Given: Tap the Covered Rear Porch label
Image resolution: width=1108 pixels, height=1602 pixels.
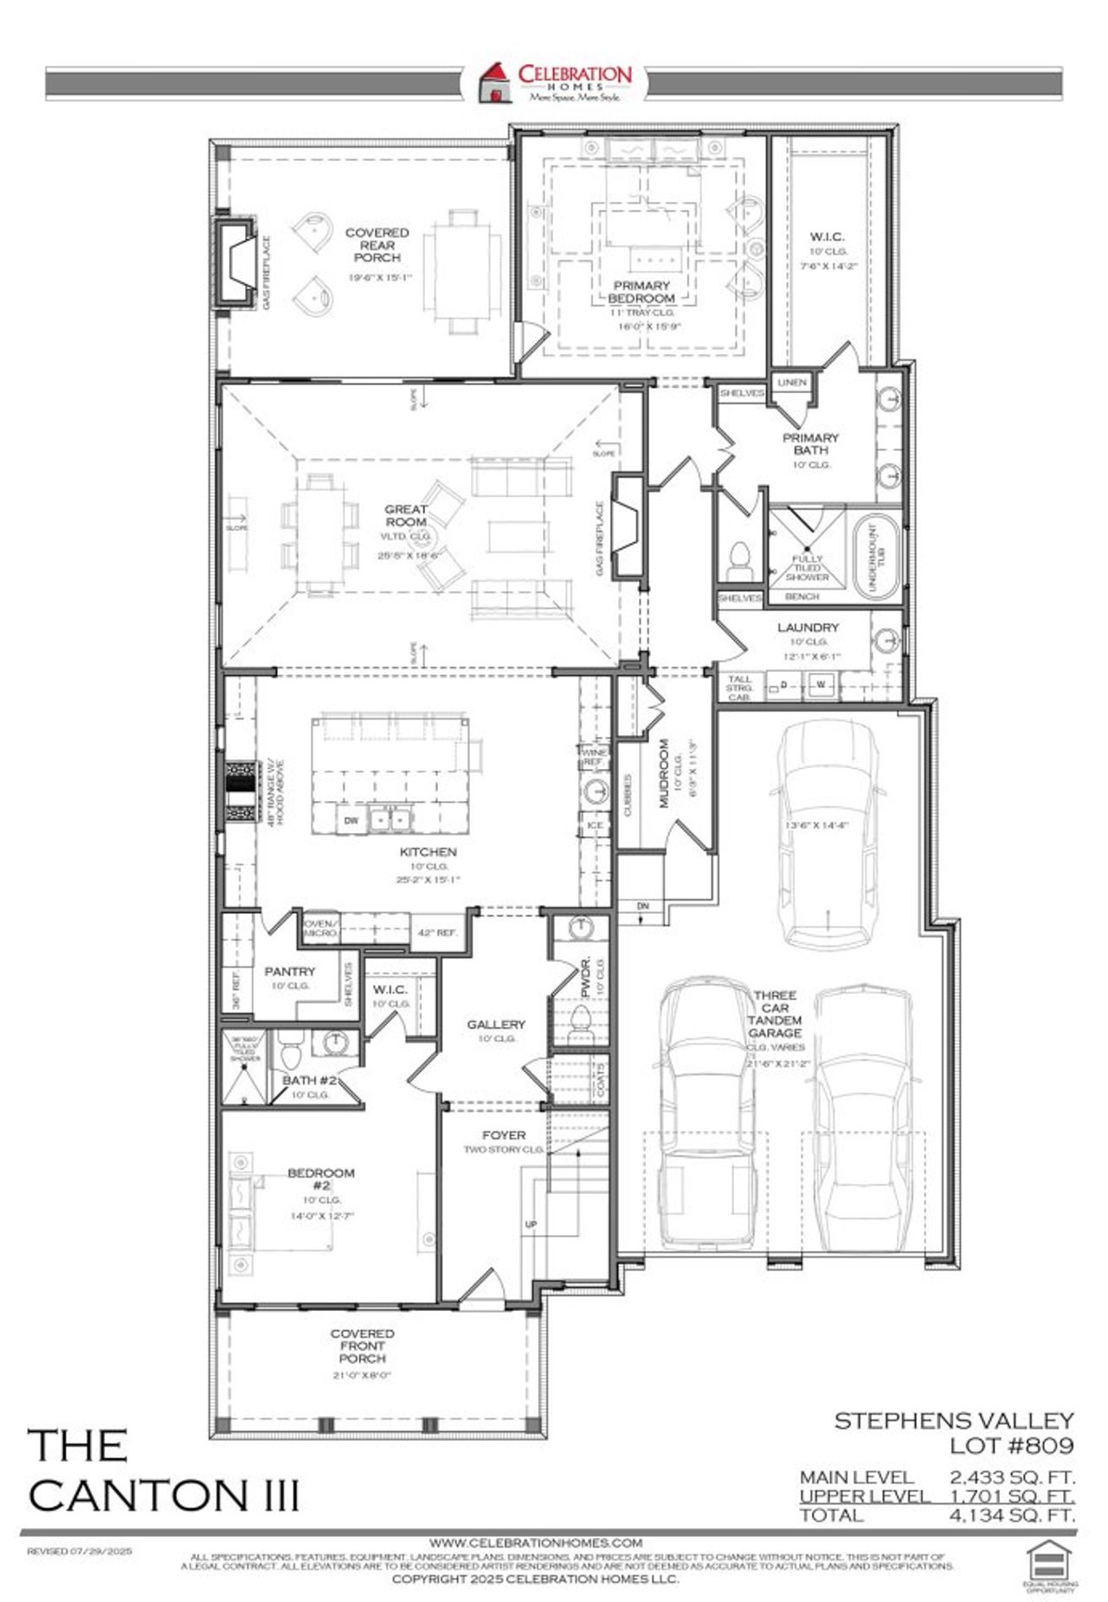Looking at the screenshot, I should point(377,245).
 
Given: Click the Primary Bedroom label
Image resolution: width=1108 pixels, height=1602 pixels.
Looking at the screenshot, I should point(641,292).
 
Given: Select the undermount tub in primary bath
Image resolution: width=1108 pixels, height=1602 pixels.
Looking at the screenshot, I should point(877,554).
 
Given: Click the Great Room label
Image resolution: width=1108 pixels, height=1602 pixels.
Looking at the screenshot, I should point(406,516).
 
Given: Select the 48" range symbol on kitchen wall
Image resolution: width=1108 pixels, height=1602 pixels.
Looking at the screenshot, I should point(241,789).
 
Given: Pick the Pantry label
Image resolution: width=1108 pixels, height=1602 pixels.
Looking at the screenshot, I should point(289,972).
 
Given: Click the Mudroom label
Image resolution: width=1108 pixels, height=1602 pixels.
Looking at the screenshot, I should point(665,773).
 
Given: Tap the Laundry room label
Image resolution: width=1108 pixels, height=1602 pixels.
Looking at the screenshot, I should point(807,627).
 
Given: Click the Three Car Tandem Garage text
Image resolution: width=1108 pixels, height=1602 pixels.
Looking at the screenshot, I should point(776,1014).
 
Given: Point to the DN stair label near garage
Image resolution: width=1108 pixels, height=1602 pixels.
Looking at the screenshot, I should point(642,906).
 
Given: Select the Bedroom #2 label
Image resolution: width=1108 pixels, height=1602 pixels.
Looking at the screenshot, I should point(321,1179).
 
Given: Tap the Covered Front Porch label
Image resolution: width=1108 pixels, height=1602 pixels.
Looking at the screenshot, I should point(362,1346).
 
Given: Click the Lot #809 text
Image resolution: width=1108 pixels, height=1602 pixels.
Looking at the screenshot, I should point(1011,1445).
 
